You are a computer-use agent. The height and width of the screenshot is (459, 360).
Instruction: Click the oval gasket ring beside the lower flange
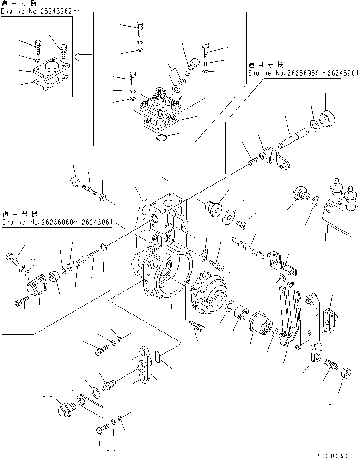click(158, 357)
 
